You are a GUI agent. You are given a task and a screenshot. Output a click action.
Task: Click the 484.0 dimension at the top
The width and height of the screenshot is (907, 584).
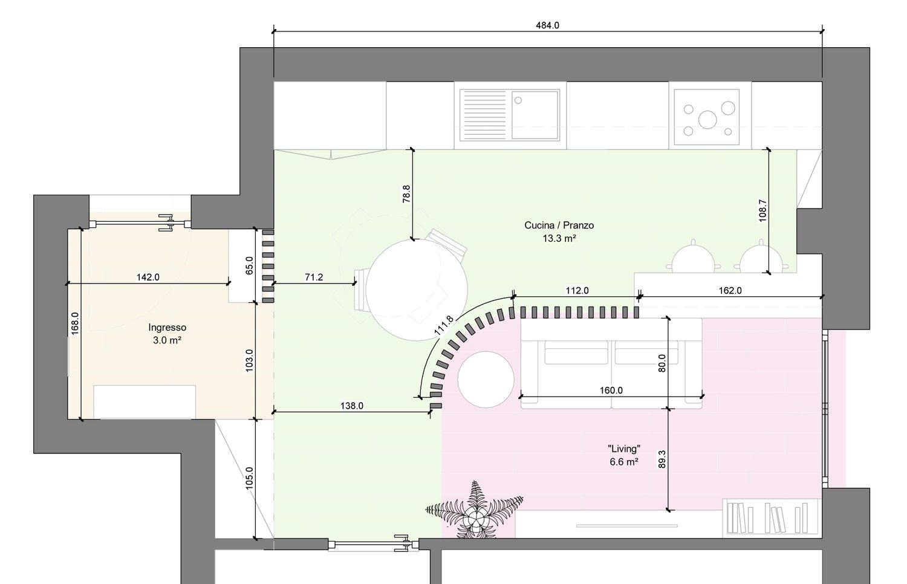(547, 25)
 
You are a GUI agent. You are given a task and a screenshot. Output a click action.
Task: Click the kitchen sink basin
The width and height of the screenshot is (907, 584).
(535, 115)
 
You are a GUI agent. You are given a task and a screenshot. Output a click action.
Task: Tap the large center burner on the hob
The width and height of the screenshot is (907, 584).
(707, 120)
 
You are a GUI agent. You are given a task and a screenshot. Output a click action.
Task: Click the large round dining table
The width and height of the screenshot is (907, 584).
(416, 290)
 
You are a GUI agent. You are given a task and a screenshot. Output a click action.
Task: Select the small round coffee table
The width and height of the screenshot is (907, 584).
(486, 380)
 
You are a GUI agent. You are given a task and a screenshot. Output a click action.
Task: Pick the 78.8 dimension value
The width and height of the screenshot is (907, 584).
(406, 194)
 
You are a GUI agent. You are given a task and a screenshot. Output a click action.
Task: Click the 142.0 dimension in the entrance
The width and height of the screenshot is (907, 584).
(148, 277)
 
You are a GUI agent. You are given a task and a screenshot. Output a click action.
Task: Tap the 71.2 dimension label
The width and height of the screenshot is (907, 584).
(314, 277)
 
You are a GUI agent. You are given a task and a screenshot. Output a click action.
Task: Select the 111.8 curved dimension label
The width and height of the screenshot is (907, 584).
(444, 325)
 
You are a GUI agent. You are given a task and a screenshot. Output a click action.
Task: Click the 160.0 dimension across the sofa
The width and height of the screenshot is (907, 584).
(611, 391)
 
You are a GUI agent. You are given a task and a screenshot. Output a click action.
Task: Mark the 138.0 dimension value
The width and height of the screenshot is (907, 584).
(351, 406)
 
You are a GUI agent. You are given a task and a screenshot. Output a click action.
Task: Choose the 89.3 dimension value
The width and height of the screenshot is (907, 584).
(662, 459)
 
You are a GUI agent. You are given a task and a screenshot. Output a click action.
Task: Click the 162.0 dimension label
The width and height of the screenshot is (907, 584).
(730, 291)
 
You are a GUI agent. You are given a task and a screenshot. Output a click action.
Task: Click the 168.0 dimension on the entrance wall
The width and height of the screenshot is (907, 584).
(75, 323)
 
